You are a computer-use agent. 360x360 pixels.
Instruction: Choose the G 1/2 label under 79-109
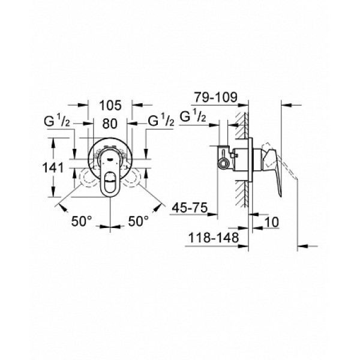(197, 116)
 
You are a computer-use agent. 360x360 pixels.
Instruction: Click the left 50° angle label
(82, 221)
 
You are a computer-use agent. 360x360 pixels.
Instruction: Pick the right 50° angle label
(139, 221)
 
